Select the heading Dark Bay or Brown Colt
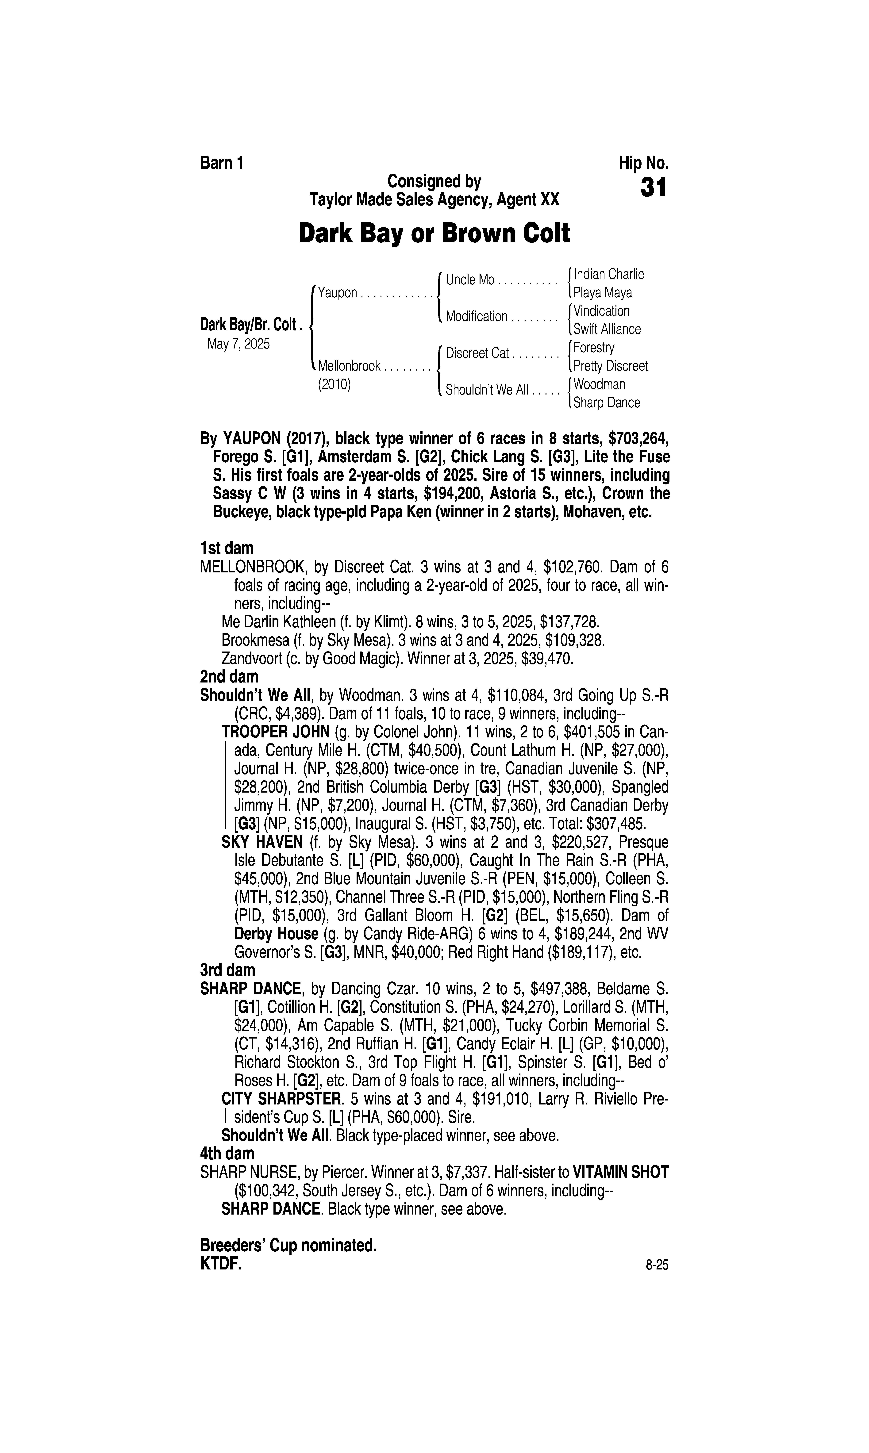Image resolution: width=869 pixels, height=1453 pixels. tap(434, 234)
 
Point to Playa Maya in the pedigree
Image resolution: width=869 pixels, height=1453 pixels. tap(603, 293)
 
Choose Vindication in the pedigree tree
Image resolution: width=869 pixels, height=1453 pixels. tap(601, 311)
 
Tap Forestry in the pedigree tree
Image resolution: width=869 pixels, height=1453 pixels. tap(594, 348)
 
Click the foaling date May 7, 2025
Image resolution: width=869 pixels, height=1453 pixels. tap(238, 344)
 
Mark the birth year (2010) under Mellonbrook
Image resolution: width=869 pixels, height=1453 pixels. tap(334, 385)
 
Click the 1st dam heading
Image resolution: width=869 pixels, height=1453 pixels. tap(227, 548)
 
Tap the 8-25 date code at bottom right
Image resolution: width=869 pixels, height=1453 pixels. tap(657, 1266)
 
